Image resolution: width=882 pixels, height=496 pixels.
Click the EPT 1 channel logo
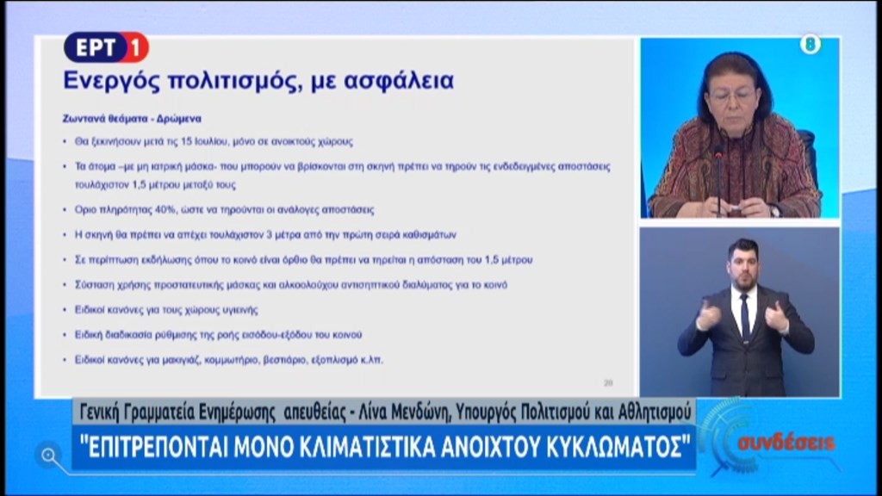tap(106, 47)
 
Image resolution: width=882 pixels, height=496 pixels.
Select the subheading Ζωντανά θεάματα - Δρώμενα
tap(132, 119)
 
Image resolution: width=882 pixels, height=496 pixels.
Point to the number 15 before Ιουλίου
tap(186, 141)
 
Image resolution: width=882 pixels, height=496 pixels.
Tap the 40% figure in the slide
tap(165, 209)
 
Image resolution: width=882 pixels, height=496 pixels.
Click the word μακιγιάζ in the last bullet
tap(180, 360)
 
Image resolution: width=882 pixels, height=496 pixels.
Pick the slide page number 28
tap(608, 383)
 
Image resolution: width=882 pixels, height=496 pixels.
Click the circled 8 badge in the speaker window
tap(810, 44)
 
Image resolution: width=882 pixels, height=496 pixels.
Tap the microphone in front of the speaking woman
tap(718, 174)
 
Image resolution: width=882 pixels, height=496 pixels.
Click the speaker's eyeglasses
tap(730, 96)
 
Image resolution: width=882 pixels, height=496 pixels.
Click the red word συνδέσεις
tap(786, 443)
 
